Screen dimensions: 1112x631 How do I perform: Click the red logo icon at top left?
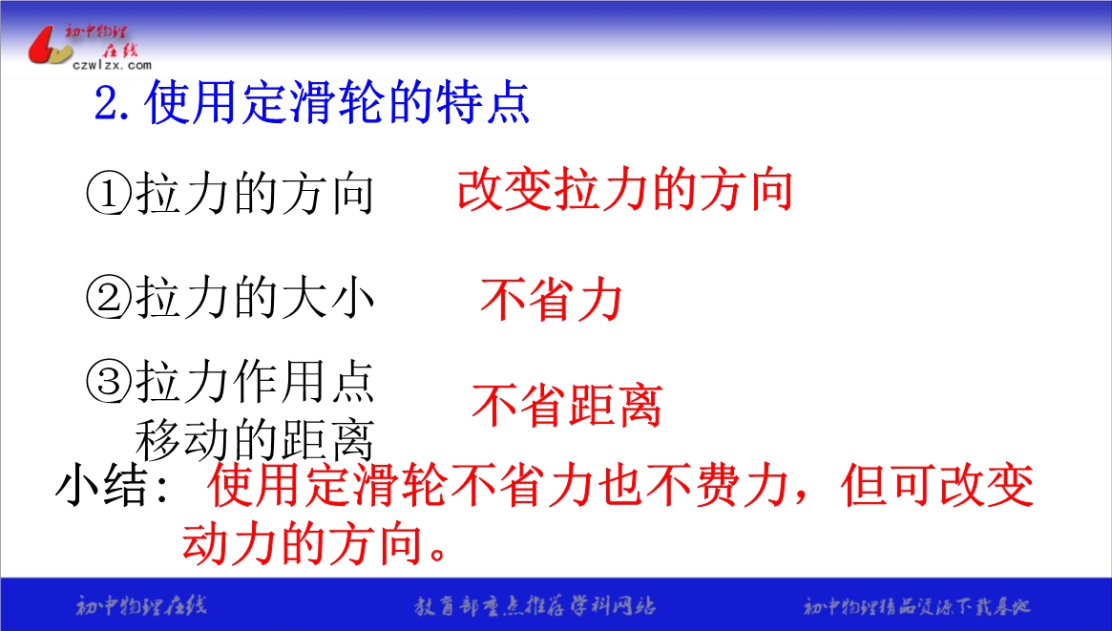(50, 46)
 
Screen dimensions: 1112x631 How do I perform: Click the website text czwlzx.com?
(112, 65)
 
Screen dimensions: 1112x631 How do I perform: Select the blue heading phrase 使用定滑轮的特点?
(337, 103)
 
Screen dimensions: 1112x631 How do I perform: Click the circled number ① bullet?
(109, 194)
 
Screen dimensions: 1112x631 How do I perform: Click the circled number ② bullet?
(109, 296)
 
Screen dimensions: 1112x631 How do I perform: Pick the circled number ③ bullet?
(109, 381)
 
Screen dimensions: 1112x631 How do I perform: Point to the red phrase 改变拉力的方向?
(625, 190)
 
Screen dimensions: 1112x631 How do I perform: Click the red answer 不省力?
(552, 299)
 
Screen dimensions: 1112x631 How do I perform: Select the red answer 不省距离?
(567, 406)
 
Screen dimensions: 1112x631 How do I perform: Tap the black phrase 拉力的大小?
(255, 296)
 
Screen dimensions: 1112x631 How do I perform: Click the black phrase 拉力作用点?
(255, 382)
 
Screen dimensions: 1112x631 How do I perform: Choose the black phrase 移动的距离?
(255, 439)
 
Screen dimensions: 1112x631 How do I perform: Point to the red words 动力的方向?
(303, 544)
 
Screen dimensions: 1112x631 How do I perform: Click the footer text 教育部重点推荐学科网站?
(535, 606)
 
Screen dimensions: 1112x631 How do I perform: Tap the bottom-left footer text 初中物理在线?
(141, 606)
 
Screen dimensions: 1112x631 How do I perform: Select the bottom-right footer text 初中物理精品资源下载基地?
(916, 606)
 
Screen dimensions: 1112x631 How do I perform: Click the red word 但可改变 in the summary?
(937, 486)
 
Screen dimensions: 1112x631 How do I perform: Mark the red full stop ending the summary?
(437, 555)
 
